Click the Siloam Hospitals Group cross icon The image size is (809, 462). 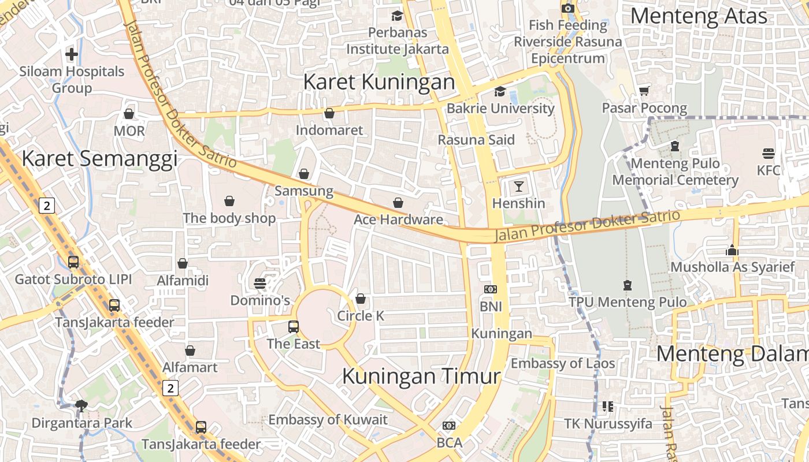coord(72,54)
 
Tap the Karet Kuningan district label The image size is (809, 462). coord(379,82)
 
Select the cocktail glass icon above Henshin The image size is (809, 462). coord(519,186)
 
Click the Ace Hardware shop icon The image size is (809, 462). coord(398,203)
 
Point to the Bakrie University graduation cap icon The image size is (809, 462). coord(500,91)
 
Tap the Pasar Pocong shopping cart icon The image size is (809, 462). coord(644,91)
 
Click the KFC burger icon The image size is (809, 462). coord(769,154)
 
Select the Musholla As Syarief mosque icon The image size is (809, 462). coord(732,250)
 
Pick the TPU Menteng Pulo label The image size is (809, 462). coord(628,302)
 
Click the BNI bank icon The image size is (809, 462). coord(491,289)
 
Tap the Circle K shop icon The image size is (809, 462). coord(361,299)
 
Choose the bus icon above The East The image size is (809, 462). coord(294,327)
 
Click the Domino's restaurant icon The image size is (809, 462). coord(260,284)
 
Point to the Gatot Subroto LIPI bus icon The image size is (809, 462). coord(73,262)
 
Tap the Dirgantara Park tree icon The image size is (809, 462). coord(81,405)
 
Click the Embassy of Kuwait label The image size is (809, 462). coord(328,420)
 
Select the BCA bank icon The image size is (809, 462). coord(449,426)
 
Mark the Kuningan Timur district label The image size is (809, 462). coord(421,377)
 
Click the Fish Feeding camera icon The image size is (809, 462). coord(568,8)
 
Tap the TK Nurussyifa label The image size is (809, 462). coord(608,424)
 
